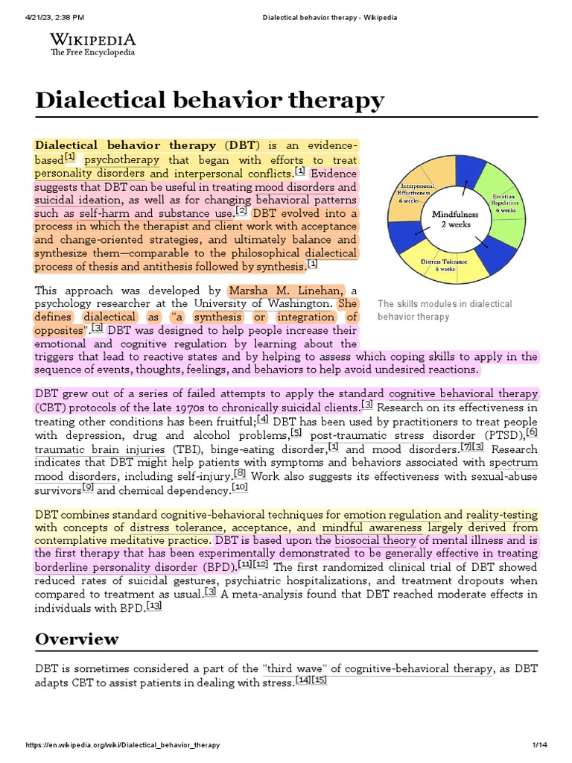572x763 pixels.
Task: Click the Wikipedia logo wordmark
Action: pyautogui.click(x=92, y=39)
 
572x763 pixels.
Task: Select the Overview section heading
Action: pyautogui.click(x=77, y=639)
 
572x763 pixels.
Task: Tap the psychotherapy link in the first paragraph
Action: pyautogui.click(x=122, y=159)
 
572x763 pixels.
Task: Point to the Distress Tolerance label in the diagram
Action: pyautogui.click(x=445, y=265)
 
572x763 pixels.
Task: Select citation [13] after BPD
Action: pyautogui.click(x=154, y=606)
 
